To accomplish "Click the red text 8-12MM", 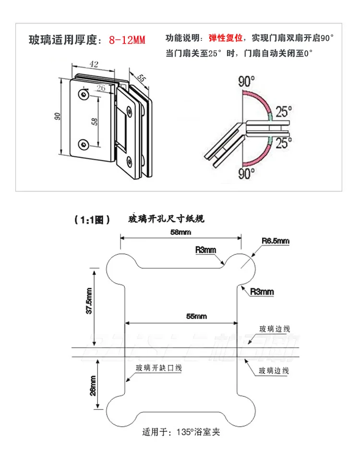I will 127,39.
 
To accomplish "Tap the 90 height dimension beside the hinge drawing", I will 57,116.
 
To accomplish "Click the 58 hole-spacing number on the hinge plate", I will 94,122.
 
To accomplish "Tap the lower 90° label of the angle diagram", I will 246,173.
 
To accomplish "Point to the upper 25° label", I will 284,112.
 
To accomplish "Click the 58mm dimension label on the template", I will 180,232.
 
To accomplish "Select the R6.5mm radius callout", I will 276,240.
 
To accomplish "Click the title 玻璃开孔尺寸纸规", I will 167,219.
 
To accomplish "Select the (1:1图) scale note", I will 92,220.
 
